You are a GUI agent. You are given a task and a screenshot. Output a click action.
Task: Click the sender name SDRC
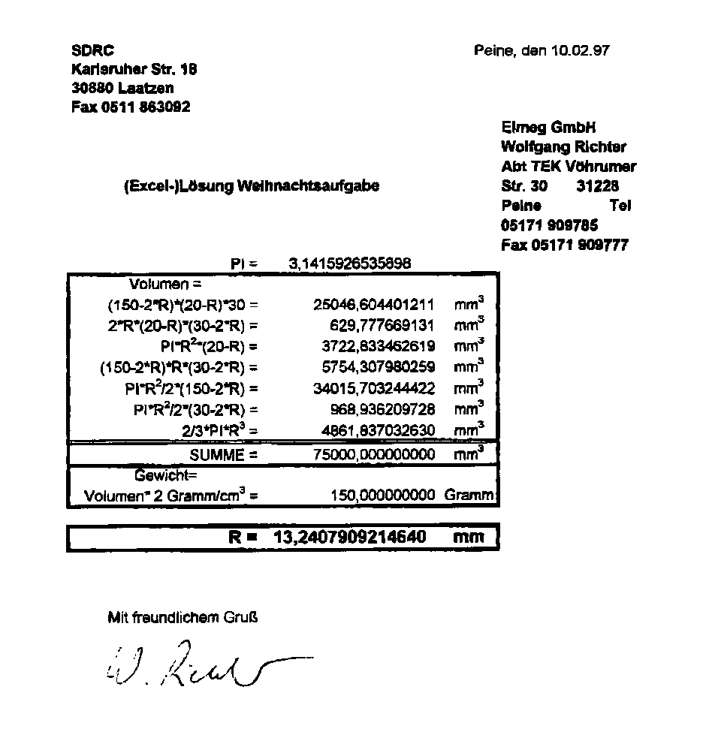(92, 51)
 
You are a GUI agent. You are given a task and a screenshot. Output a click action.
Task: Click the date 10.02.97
(580, 51)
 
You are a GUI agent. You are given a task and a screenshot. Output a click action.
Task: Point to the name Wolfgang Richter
(563, 147)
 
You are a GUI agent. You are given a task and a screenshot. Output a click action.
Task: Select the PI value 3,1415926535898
(350, 264)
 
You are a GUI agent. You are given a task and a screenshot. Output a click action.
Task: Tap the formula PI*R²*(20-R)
(209, 347)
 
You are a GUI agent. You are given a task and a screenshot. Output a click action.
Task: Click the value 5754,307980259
(373, 368)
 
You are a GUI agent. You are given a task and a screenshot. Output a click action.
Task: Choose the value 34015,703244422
(373, 389)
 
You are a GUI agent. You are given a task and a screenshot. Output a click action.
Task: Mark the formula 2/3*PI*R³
(220, 431)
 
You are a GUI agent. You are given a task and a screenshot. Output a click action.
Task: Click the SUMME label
(223, 455)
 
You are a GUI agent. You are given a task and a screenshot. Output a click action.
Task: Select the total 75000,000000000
(373, 455)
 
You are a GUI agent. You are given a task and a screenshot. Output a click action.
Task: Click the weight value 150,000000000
(382, 496)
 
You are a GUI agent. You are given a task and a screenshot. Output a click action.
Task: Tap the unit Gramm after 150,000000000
(469, 496)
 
